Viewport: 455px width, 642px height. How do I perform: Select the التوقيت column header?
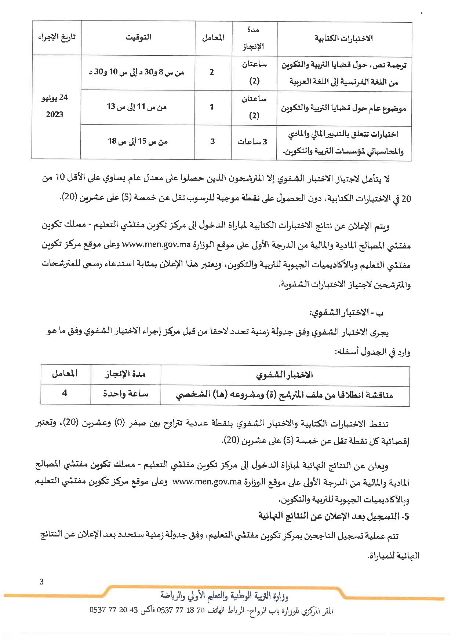click(x=138, y=37)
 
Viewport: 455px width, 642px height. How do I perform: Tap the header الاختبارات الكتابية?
click(x=343, y=38)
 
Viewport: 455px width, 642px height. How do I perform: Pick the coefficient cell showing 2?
click(x=212, y=72)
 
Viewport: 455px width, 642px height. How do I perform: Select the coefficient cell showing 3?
click(x=212, y=141)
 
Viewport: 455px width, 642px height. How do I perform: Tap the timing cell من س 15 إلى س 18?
click(x=138, y=141)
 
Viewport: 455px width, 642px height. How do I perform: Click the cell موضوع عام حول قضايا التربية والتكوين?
click(x=343, y=108)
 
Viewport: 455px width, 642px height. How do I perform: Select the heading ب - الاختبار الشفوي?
click(x=346, y=313)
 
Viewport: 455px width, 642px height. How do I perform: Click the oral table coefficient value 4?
click(x=65, y=394)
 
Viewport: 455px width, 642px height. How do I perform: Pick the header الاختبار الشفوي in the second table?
click(x=284, y=374)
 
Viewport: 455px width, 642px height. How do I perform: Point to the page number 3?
click(x=41, y=582)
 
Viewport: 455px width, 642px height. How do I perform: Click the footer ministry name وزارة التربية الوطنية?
click(x=225, y=596)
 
